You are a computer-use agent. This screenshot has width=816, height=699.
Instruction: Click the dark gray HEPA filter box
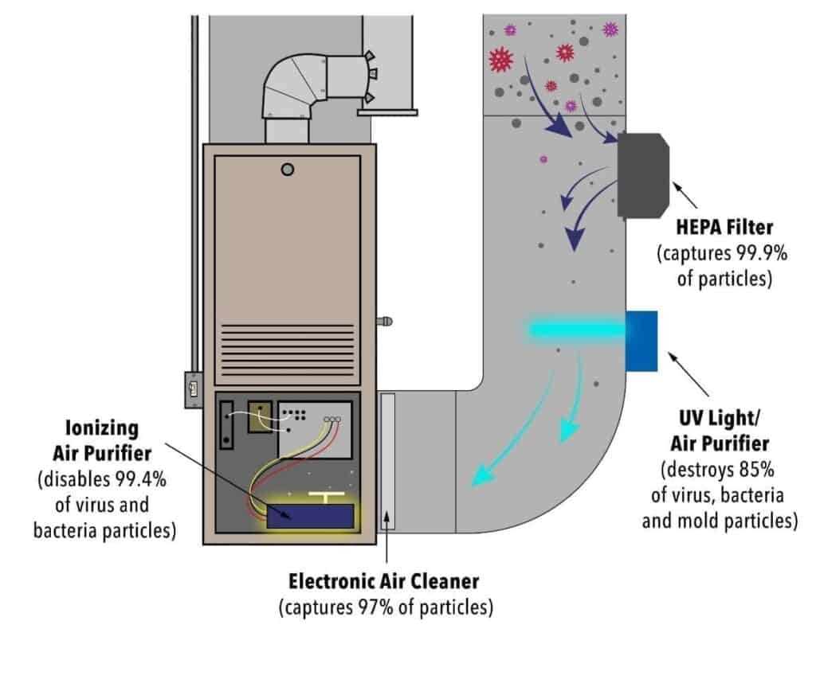click(x=642, y=176)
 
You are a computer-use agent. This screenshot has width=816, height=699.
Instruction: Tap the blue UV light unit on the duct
click(x=641, y=341)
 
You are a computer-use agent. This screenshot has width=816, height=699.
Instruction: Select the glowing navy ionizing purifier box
click(x=311, y=515)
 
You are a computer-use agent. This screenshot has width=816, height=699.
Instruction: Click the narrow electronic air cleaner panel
click(x=387, y=462)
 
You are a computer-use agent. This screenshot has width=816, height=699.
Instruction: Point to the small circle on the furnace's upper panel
click(x=288, y=169)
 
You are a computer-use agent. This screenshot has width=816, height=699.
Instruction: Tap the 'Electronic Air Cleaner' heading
click(x=385, y=581)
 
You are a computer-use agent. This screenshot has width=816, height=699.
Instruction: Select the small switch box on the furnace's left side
click(x=193, y=391)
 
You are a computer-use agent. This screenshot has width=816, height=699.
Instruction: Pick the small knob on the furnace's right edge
click(x=384, y=322)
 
